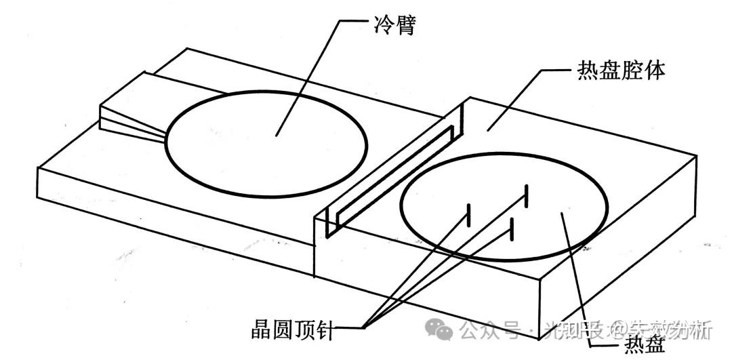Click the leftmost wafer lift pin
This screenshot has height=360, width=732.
pos(467,216)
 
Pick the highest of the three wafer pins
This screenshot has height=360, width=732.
pos(525,197)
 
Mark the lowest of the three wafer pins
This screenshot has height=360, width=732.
pos(513,228)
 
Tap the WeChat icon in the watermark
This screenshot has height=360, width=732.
pos(445,331)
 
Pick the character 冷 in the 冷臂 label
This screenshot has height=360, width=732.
pos(381,26)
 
